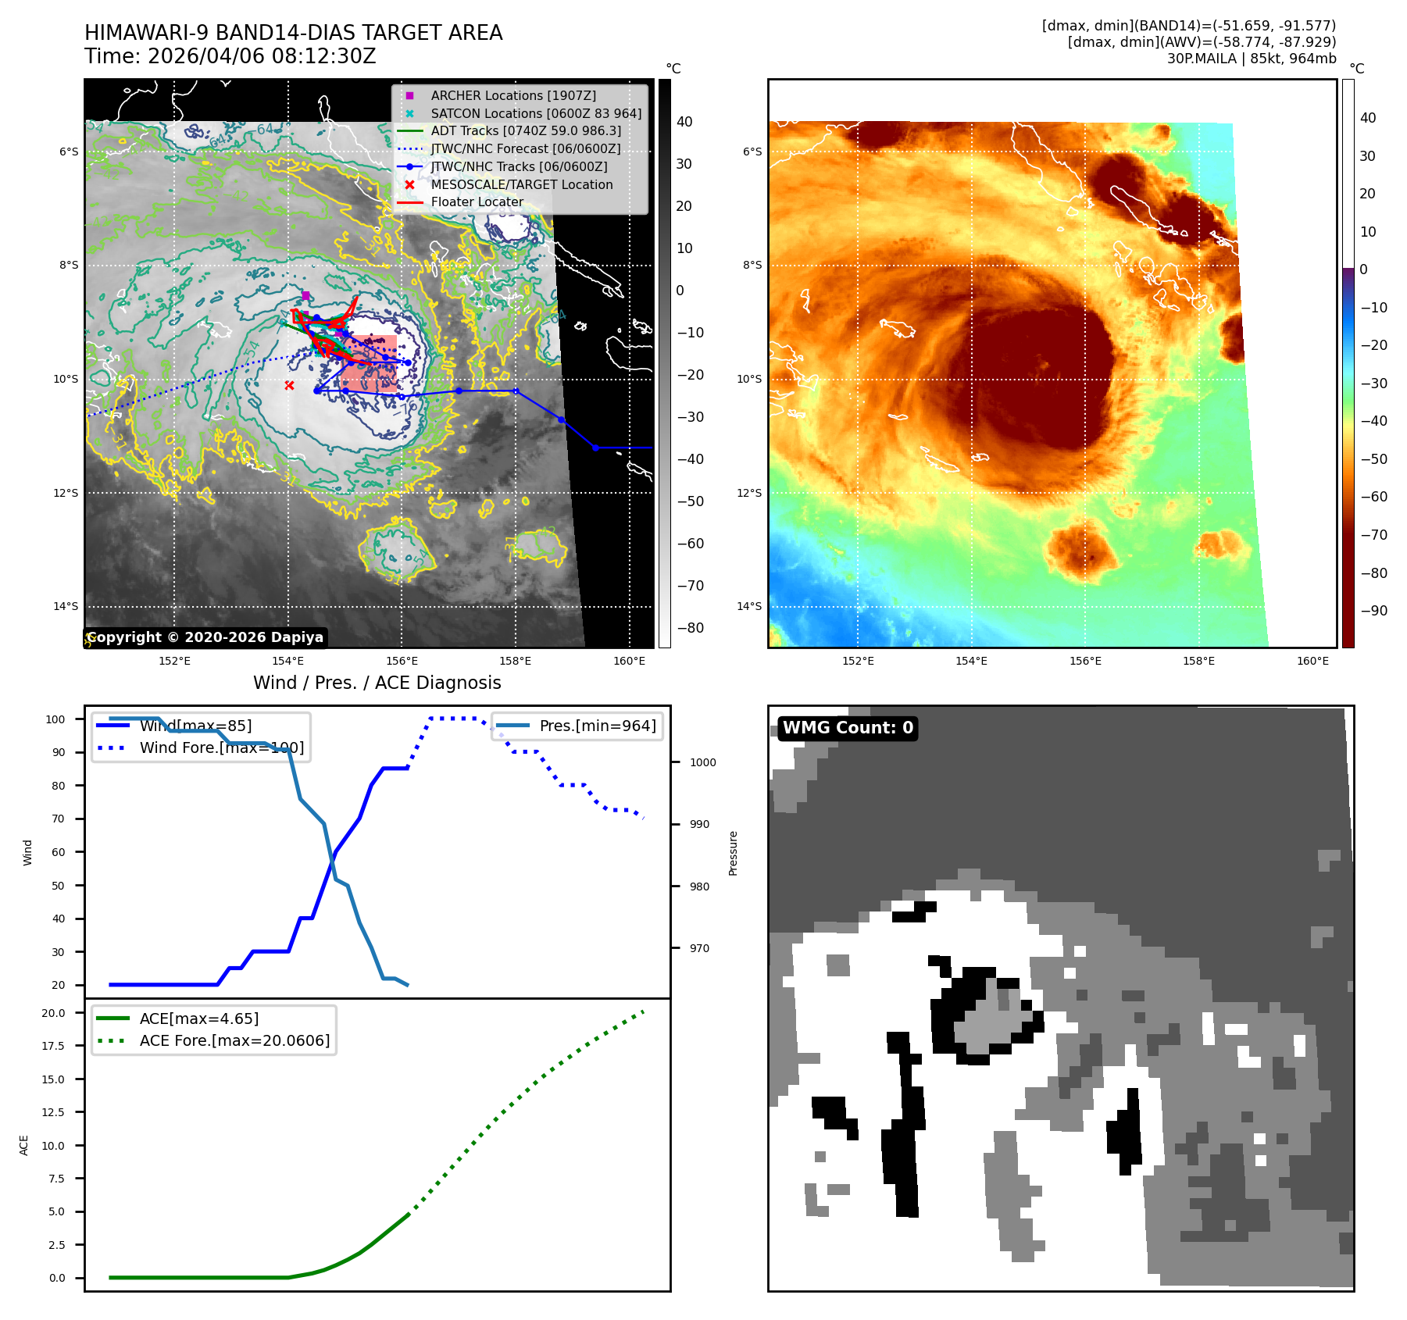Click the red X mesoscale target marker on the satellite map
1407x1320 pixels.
(x=289, y=385)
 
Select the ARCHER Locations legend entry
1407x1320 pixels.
(x=512, y=95)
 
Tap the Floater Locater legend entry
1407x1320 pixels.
(x=477, y=202)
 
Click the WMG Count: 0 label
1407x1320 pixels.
(x=848, y=728)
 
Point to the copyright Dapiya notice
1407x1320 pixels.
(x=205, y=637)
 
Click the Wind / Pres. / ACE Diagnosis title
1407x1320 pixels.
(x=377, y=683)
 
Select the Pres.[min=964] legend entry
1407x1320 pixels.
(x=597, y=726)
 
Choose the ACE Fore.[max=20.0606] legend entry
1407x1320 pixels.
(x=234, y=1040)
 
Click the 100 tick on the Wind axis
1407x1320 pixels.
(x=55, y=719)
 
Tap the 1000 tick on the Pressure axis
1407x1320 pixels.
(x=702, y=762)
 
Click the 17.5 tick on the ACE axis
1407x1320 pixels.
(x=53, y=1046)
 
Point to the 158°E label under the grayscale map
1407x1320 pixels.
(x=515, y=661)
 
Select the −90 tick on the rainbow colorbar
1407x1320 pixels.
(x=1373, y=611)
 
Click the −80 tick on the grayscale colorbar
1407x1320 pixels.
(x=690, y=628)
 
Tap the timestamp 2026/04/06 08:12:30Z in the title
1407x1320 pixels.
(x=262, y=56)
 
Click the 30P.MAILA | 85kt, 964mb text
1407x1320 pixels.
(x=1252, y=59)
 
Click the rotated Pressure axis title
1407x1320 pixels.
(x=733, y=853)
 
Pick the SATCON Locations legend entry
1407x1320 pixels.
(x=536, y=113)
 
